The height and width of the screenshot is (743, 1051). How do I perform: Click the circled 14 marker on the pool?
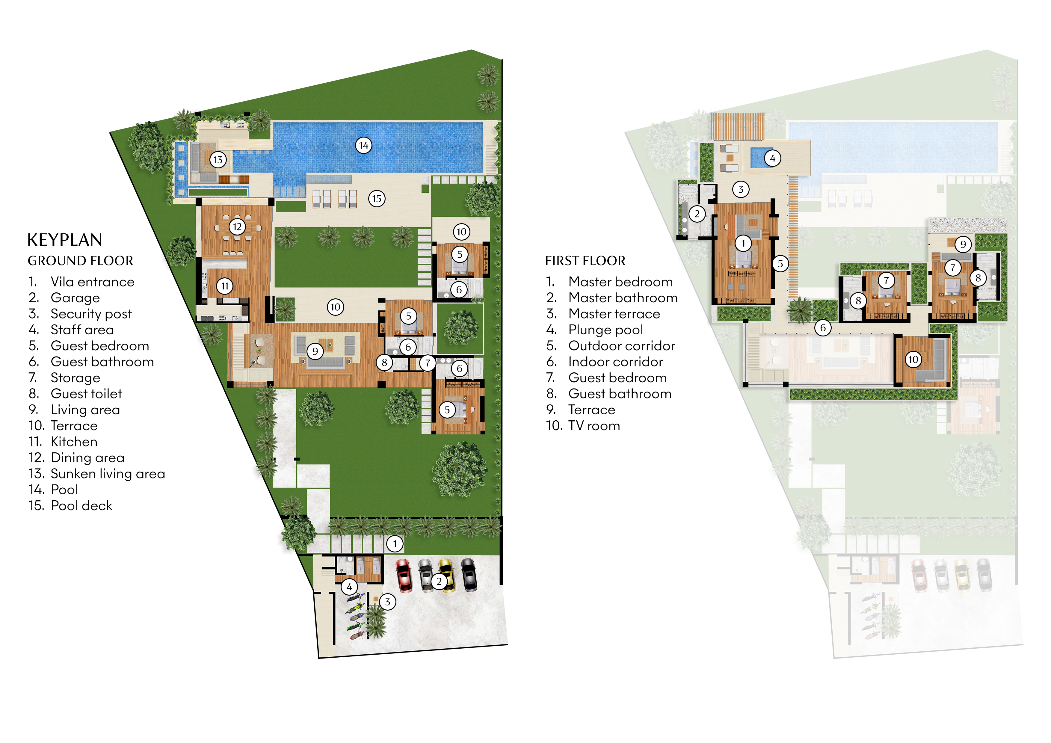point(363,146)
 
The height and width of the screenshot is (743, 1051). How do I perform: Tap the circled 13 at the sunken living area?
point(218,160)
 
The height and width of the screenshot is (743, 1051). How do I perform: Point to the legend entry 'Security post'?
point(91,314)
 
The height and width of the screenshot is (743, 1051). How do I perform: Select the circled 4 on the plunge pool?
point(773,158)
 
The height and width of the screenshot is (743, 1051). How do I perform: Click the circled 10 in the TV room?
point(913,360)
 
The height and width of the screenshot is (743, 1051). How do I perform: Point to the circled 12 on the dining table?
point(237,226)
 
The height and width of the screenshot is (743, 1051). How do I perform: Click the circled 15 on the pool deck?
point(377,199)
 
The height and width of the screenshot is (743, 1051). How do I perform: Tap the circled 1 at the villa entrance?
point(395,544)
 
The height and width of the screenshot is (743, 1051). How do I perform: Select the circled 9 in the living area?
point(315,352)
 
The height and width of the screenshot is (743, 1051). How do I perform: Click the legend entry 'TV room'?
point(594,426)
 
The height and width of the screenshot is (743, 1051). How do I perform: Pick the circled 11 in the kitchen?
point(225,286)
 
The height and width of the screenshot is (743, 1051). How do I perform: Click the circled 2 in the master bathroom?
point(697,214)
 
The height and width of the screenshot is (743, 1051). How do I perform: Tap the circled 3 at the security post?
point(387,602)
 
